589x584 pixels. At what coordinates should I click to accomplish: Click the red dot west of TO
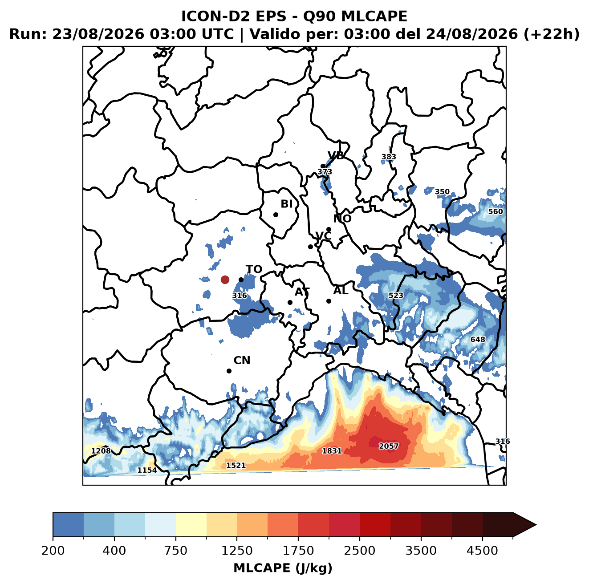click(225, 280)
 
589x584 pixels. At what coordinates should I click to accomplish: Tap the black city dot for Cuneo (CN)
click(229, 371)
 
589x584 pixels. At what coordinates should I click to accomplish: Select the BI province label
click(286, 204)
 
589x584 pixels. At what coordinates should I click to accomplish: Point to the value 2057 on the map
click(389, 446)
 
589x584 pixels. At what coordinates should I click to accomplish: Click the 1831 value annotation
click(332, 451)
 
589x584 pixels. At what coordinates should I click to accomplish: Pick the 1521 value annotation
click(236, 465)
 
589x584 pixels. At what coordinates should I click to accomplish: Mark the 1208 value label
click(101, 451)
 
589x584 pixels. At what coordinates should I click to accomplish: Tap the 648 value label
click(477, 340)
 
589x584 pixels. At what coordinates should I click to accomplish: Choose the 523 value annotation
click(396, 296)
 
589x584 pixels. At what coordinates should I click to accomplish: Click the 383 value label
click(389, 157)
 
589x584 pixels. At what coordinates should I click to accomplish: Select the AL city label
click(341, 290)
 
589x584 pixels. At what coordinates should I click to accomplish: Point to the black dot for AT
click(290, 302)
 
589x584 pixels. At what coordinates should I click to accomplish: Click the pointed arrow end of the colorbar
click(536, 525)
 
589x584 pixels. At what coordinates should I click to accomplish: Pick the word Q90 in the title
click(318, 16)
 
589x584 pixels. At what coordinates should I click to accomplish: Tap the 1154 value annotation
click(147, 470)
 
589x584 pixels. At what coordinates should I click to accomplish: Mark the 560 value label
click(496, 212)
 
